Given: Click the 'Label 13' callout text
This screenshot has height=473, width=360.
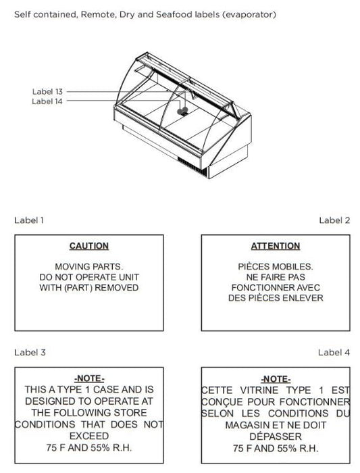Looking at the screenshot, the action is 47,91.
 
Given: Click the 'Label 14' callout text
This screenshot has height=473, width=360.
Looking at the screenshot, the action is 47,101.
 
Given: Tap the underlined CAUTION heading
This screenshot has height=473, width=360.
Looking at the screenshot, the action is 89,246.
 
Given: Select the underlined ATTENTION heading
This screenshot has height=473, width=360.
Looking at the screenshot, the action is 276,246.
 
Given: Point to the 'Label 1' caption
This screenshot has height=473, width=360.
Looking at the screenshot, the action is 29,220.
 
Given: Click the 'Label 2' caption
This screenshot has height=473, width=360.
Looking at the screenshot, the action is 334,220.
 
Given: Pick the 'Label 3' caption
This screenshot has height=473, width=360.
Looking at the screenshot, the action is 30,352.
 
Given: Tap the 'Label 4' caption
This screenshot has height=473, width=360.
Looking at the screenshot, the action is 334,352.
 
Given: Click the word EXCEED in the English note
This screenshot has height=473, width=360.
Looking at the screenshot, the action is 89,436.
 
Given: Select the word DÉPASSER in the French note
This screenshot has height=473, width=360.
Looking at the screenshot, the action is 276,437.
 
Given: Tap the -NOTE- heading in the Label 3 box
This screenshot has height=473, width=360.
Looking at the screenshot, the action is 89,378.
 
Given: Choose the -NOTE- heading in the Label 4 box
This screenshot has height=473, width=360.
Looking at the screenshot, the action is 276,379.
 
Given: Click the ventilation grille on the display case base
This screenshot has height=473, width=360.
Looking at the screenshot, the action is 192,166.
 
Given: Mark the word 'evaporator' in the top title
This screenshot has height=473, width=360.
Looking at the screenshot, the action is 249,14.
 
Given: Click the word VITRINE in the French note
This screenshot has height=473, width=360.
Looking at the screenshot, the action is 259,390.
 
